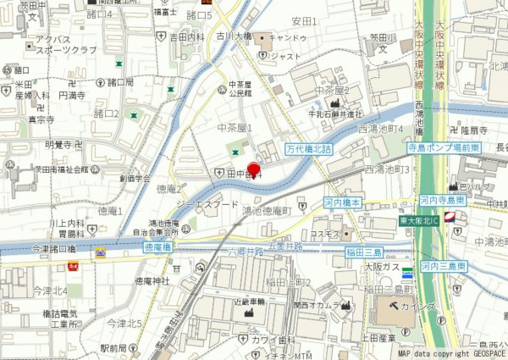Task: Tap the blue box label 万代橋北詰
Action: tap(311, 147)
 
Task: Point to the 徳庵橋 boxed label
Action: tap(157, 246)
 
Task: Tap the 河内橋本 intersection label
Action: tap(343, 202)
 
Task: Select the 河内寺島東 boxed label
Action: tap(443, 201)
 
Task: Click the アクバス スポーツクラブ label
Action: tap(59, 45)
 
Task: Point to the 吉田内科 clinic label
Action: tap(187, 37)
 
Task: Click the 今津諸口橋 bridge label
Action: tap(55, 248)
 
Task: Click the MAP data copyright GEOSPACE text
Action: tap(450, 354)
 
